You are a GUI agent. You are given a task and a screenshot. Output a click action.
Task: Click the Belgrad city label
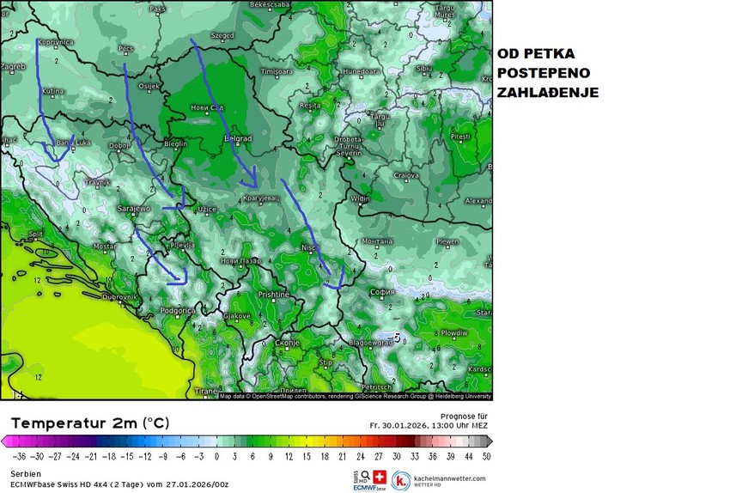click(238, 138)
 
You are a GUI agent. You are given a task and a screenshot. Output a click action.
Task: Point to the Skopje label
click(287, 343)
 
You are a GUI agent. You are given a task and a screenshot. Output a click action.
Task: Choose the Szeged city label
click(222, 36)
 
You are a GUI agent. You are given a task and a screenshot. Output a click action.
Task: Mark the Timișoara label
click(277, 70)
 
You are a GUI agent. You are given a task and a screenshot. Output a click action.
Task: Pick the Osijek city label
click(149, 86)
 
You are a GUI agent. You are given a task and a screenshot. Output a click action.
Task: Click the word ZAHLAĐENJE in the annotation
click(547, 92)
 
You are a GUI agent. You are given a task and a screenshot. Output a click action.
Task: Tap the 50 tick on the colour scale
click(487, 457)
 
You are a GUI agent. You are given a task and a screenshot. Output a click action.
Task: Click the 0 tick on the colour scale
click(216, 457)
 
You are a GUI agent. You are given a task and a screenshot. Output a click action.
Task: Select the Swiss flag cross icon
click(380, 477)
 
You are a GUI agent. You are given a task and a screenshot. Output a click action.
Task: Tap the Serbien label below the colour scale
click(25, 474)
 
